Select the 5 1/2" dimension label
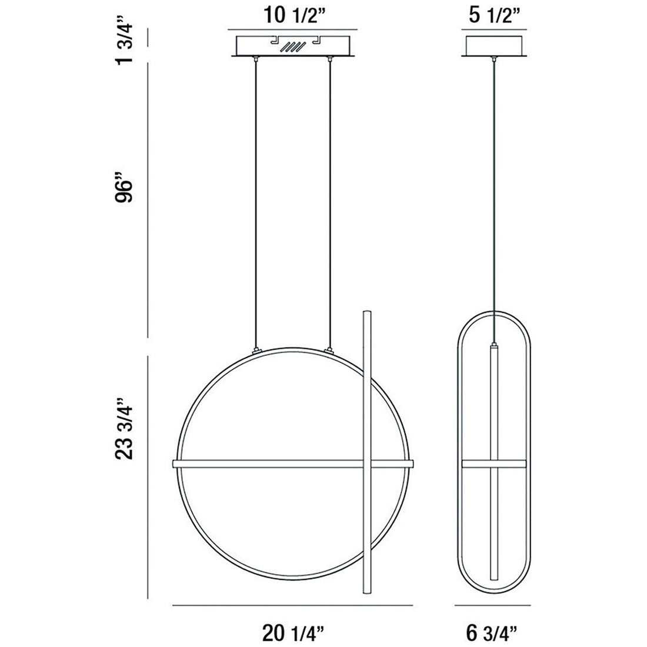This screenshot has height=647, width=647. pos(497,16)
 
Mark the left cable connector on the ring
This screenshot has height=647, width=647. pos(255,349)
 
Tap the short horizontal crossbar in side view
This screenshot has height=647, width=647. pos(476,463)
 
